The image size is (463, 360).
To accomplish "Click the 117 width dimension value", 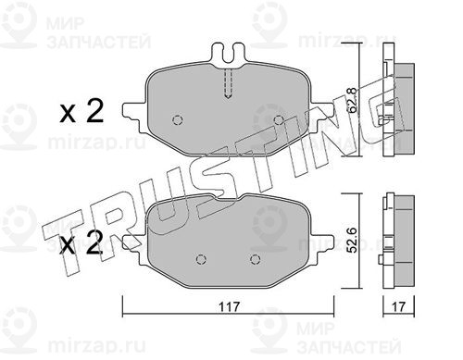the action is (x=229, y=307).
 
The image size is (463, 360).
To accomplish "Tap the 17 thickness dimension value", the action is (x=398, y=307).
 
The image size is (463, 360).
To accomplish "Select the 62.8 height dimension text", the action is (x=353, y=100).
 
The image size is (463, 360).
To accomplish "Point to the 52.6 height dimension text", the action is (x=353, y=241).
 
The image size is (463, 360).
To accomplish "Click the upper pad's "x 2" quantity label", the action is (x=81, y=112).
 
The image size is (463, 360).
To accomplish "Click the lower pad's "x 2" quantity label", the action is (x=81, y=243).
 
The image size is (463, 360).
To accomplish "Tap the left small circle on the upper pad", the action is (x=178, y=119).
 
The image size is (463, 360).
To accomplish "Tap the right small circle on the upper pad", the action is (x=279, y=119).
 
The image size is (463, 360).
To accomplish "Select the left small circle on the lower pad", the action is (x=201, y=259).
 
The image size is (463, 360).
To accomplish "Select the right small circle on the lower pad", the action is (x=255, y=259).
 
